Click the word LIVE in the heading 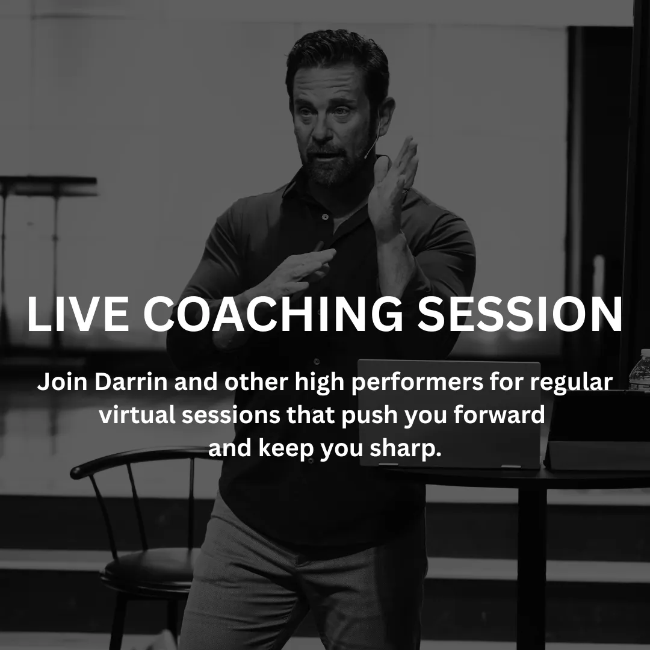78,314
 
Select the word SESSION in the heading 520,314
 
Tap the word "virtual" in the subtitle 137,415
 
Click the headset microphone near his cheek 371,145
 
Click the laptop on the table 449,415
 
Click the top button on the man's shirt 325,217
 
